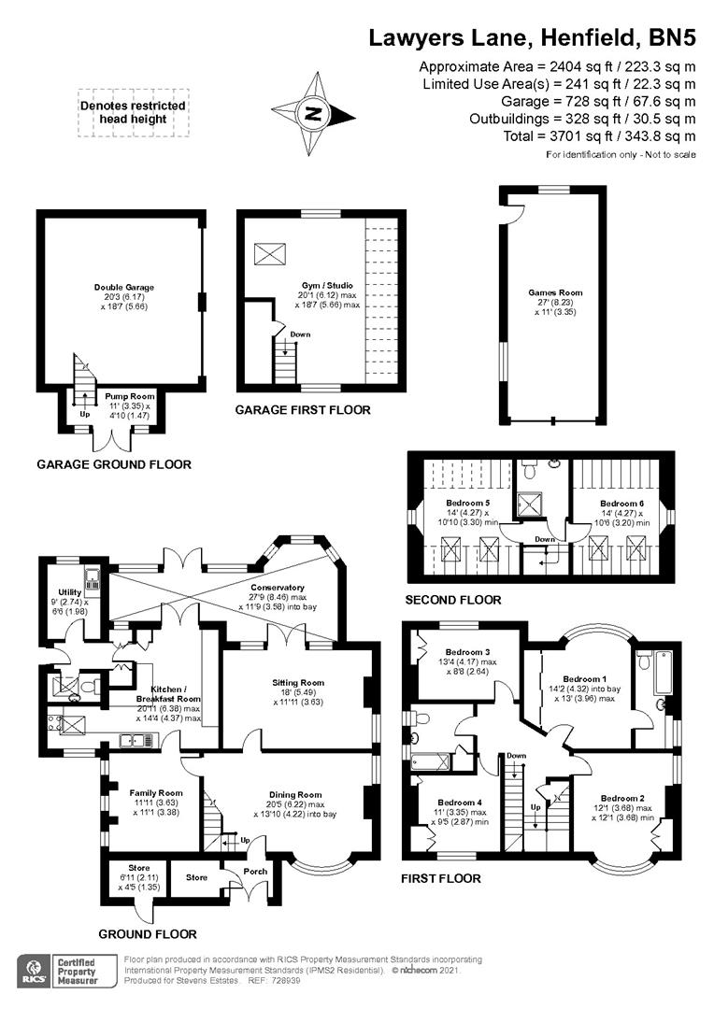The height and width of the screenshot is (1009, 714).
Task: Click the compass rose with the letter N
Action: (313, 116)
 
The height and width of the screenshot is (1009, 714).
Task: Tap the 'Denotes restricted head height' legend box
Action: (134, 113)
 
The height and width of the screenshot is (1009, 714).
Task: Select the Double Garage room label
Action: (124, 288)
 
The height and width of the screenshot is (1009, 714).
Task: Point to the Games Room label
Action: (555, 292)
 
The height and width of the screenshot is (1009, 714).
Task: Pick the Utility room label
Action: (70, 592)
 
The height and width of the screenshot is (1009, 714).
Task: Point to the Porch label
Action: (254, 872)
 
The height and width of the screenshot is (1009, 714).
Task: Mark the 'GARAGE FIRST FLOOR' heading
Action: (303, 410)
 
